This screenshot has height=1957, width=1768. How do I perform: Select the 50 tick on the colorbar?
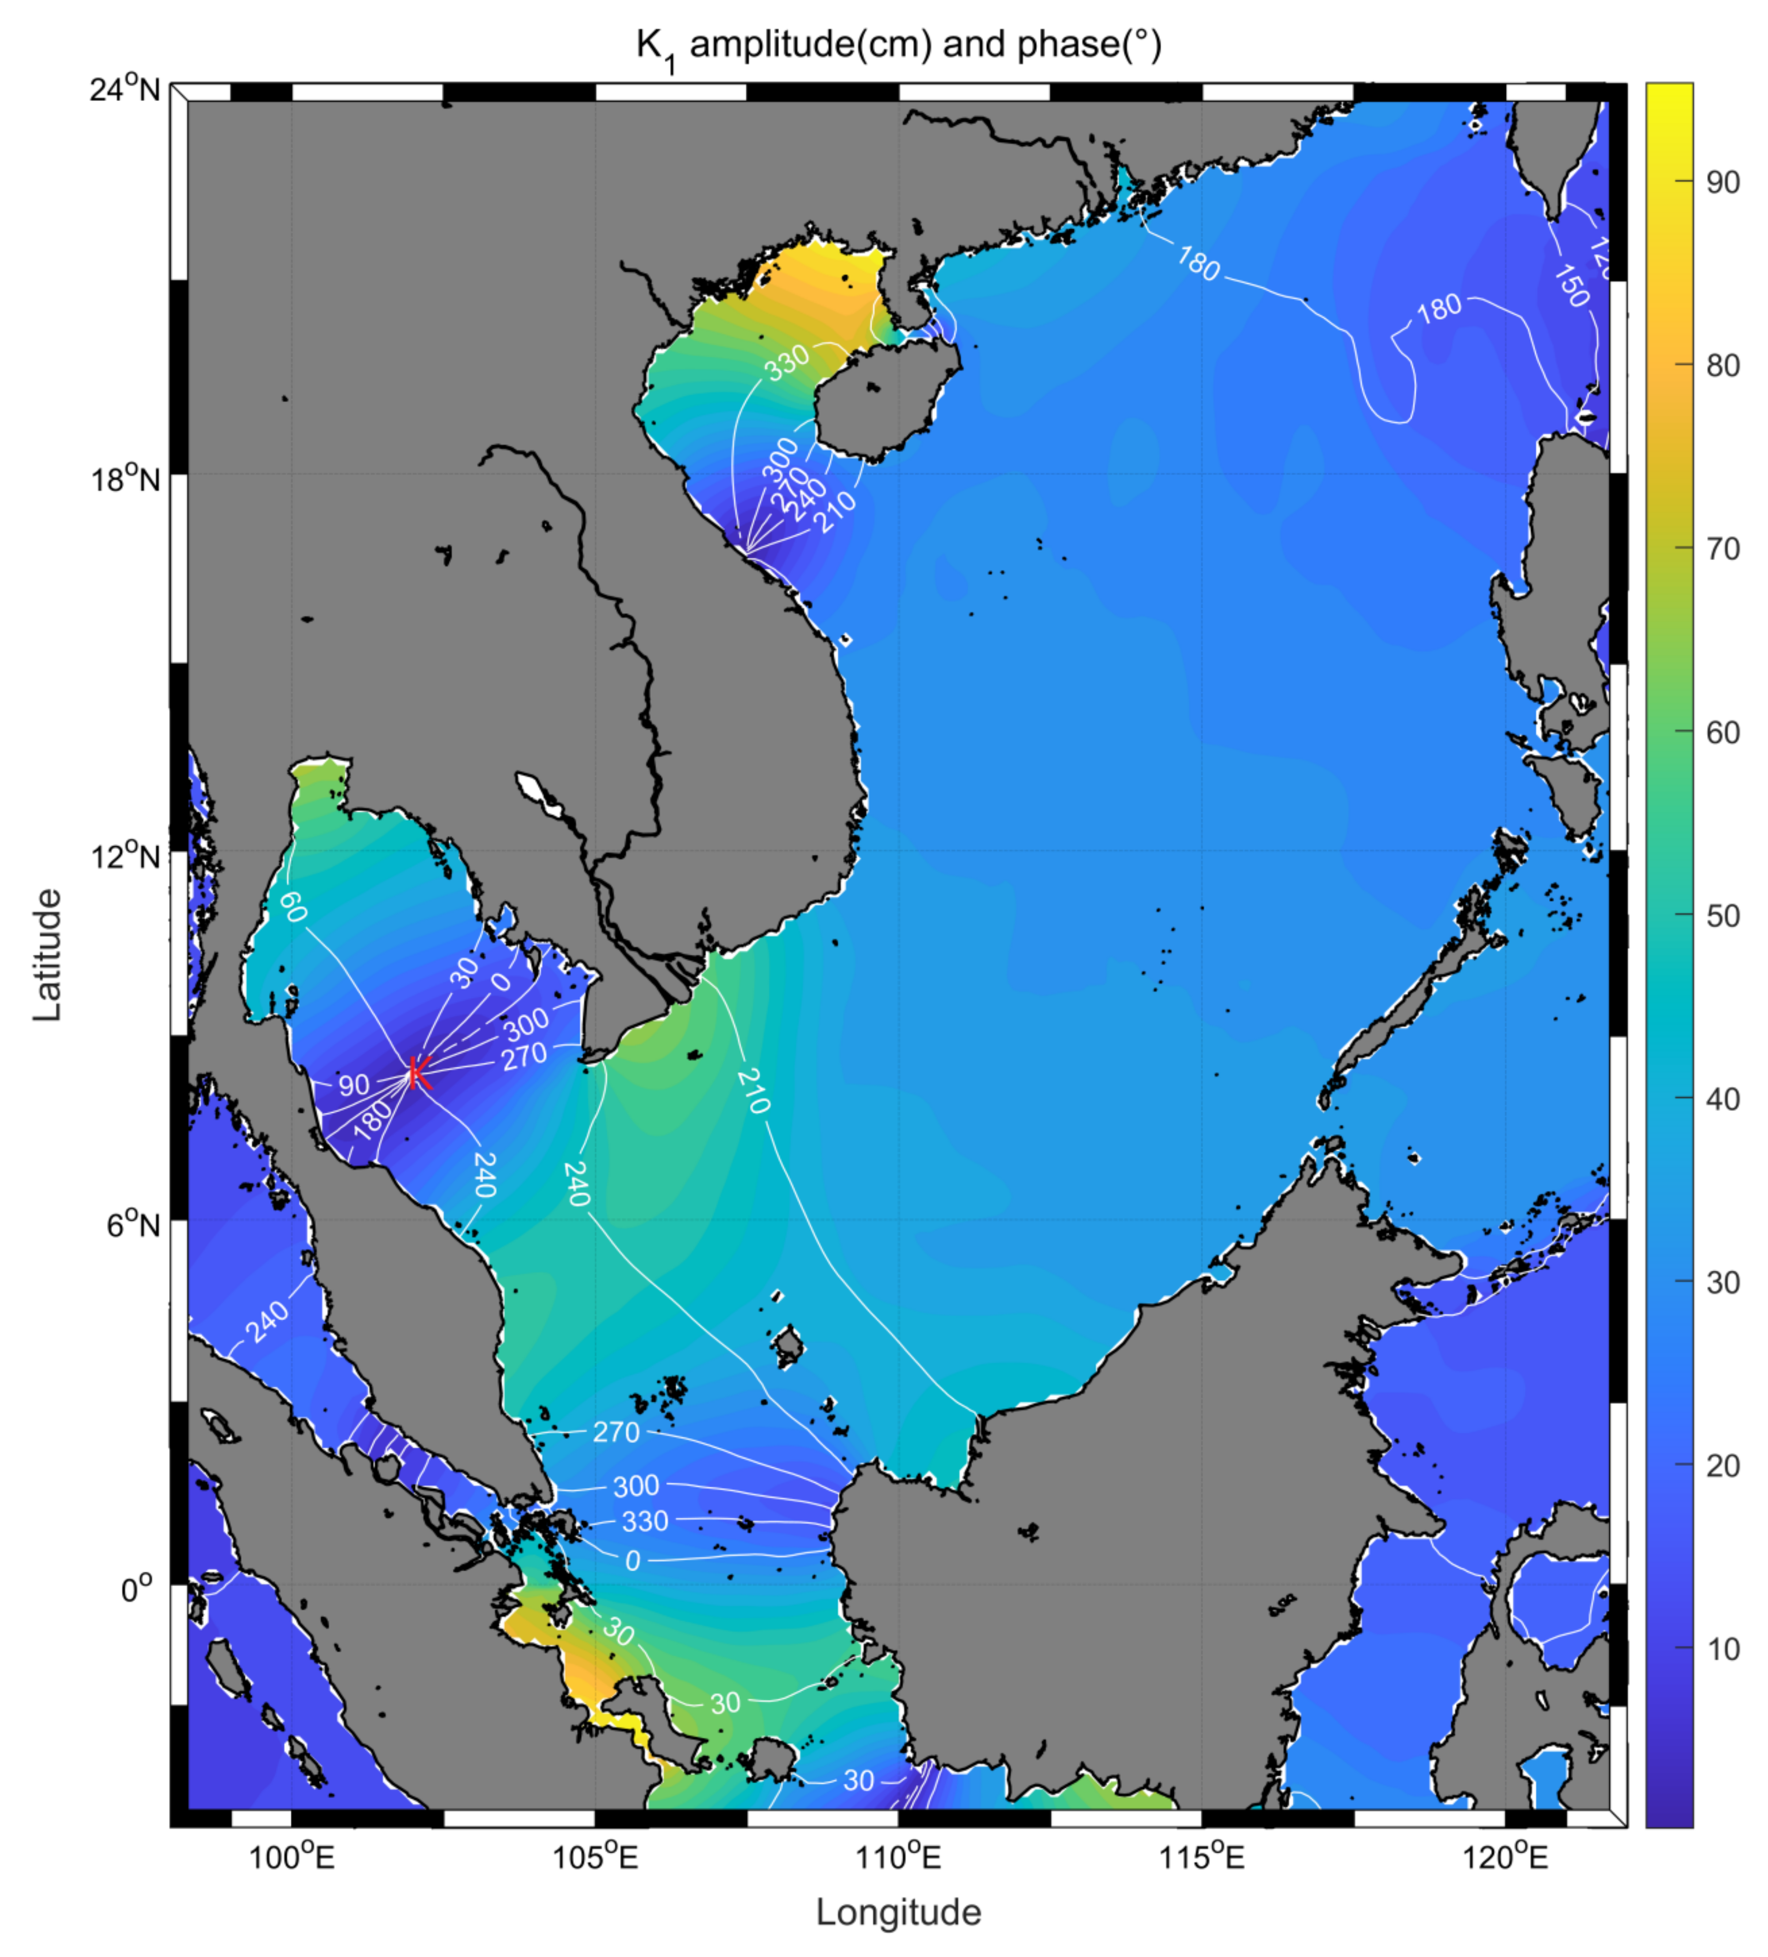(1722, 916)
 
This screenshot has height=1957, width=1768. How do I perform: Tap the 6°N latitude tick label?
(133, 1225)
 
